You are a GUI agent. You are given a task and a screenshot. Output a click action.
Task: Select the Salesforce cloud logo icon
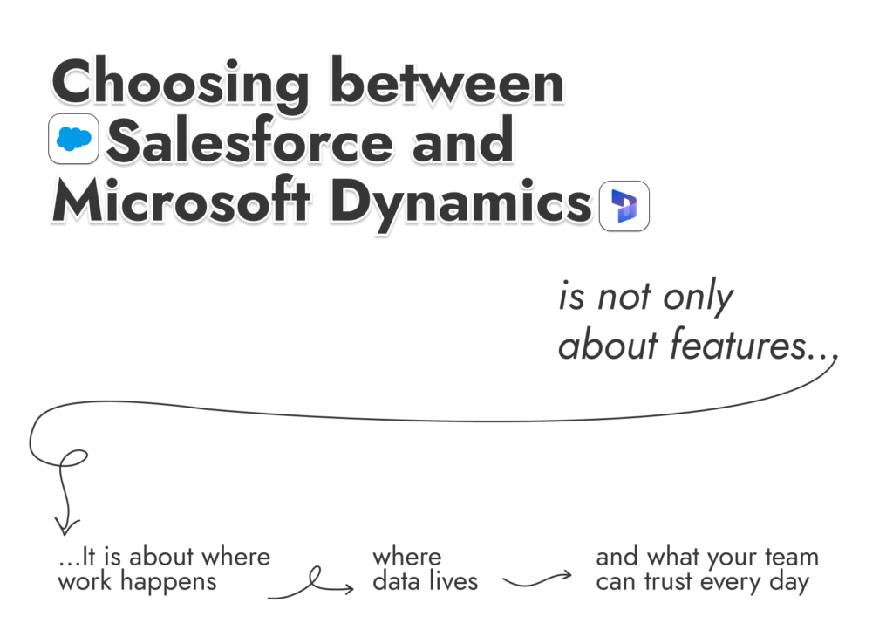73,139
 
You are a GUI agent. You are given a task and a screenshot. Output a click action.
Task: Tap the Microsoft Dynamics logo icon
624,206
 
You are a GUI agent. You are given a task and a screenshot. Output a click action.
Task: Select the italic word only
697,298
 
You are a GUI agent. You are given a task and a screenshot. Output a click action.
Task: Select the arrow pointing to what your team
538,580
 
